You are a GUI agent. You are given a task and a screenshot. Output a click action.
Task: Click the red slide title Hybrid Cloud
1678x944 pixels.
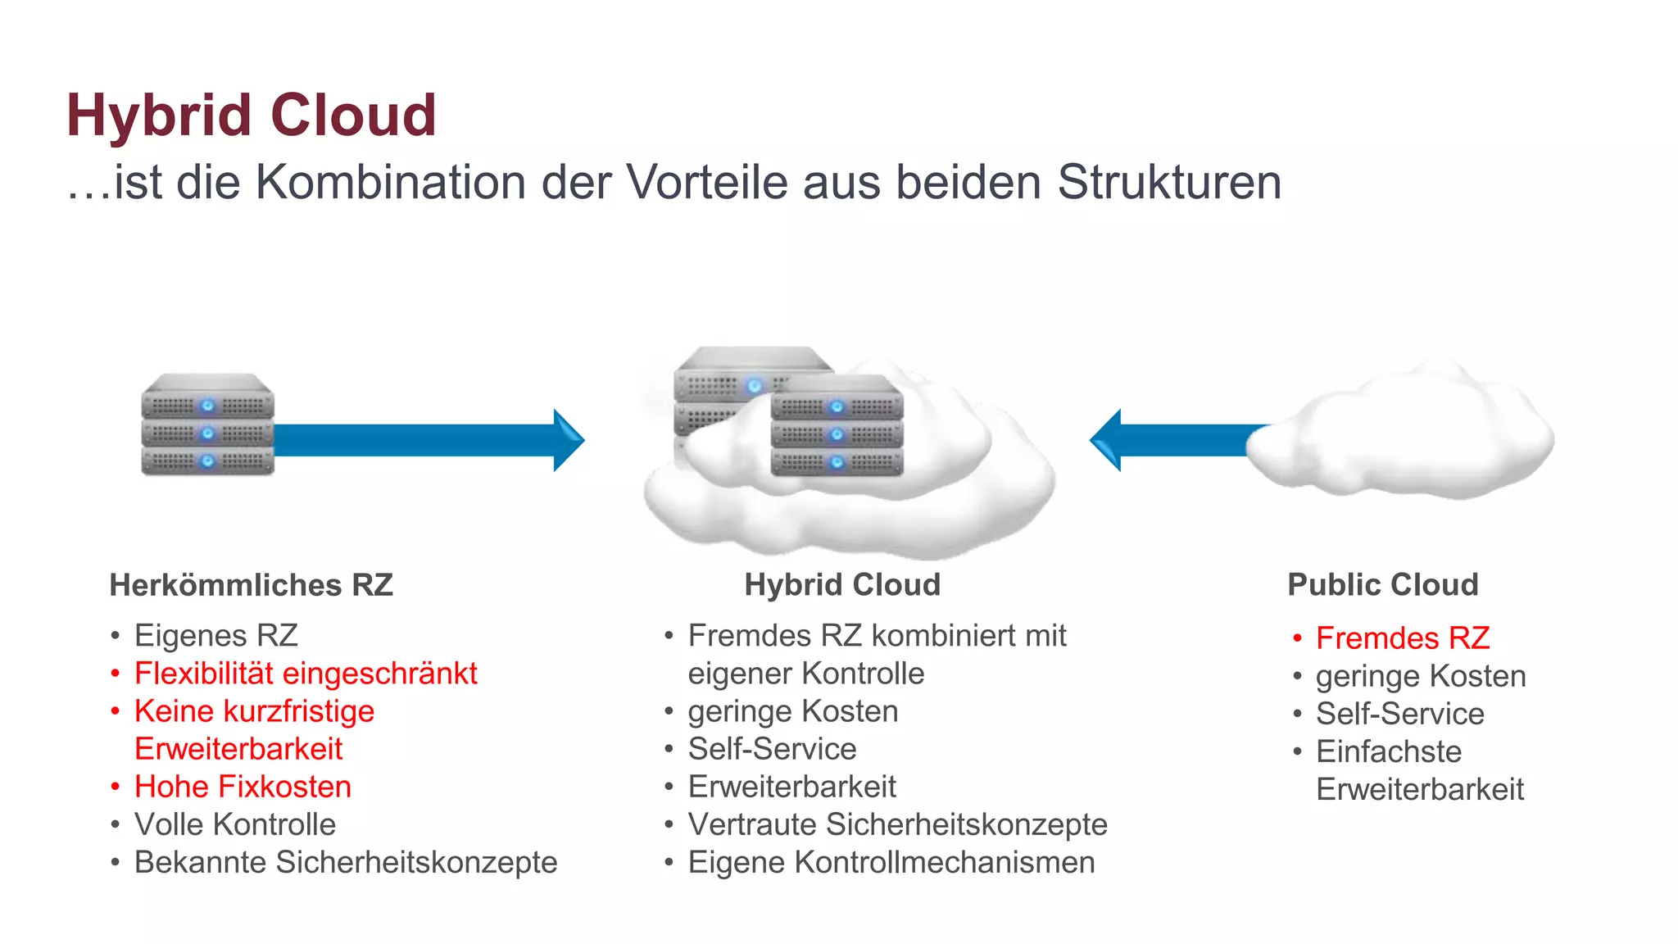pyautogui.click(x=251, y=115)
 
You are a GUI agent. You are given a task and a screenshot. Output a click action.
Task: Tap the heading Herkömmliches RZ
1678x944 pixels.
pyautogui.click(x=251, y=585)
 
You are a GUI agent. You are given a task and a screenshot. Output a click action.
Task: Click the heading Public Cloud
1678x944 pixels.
pyautogui.click(x=1382, y=585)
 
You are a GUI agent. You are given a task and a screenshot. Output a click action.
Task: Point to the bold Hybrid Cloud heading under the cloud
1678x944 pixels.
pyautogui.click(x=841, y=585)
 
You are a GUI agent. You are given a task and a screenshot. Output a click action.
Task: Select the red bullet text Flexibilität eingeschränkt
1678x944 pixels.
pyautogui.click(x=305, y=674)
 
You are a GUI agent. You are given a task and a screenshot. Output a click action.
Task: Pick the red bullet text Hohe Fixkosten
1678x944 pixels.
pyautogui.click(x=243, y=787)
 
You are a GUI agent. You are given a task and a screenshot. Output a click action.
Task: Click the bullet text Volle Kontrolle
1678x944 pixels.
pyautogui.click(x=234, y=824)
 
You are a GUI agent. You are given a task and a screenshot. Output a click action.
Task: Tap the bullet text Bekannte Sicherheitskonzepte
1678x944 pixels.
pyautogui.click(x=345, y=862)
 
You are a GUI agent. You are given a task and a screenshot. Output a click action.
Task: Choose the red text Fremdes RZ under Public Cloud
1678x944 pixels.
pyautogui.click(x=1402, y=638)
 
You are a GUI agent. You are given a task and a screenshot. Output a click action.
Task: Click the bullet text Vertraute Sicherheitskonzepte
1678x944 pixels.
pyautogui.click(x=897, y=824)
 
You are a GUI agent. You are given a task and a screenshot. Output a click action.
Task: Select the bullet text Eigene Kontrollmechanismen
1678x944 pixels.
pyautogui.click(x=891, y=862)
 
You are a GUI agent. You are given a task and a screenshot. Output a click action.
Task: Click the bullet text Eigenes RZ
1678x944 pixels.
pyautogui.click(x=215, y=636)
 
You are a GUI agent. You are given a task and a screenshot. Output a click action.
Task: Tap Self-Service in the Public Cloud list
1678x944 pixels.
pyautogui.click(x=1399, y=714)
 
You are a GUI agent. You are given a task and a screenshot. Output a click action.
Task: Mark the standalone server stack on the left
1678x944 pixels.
pyautogui.click(x=207, y=425)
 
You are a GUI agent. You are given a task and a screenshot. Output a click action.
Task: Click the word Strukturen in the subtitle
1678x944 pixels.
pyautogui.click(x=1169, y=182)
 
